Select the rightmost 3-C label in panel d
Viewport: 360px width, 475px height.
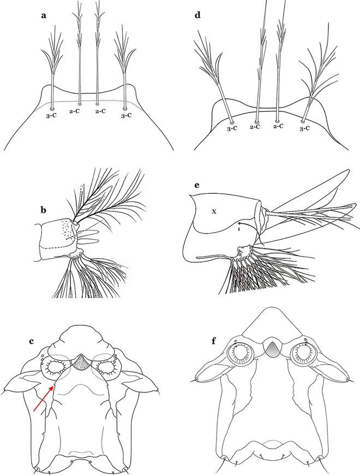(306, 129)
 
